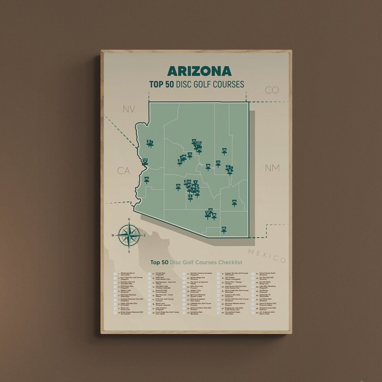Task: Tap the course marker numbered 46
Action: (x=147, y=180)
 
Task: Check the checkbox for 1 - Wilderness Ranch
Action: (x=116, y=276)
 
